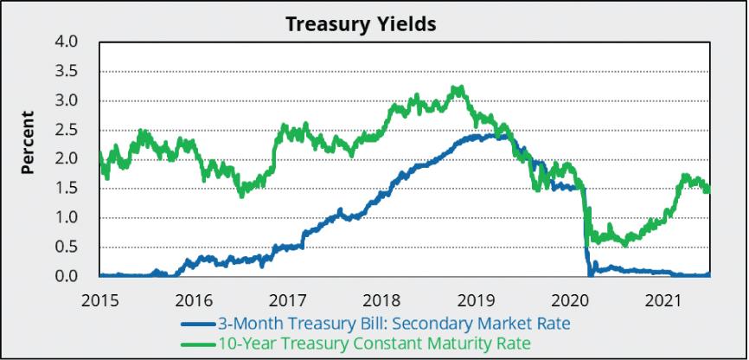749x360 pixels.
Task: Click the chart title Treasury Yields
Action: click(x=362, y=23)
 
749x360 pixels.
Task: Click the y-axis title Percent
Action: click(x=28, y=142)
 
